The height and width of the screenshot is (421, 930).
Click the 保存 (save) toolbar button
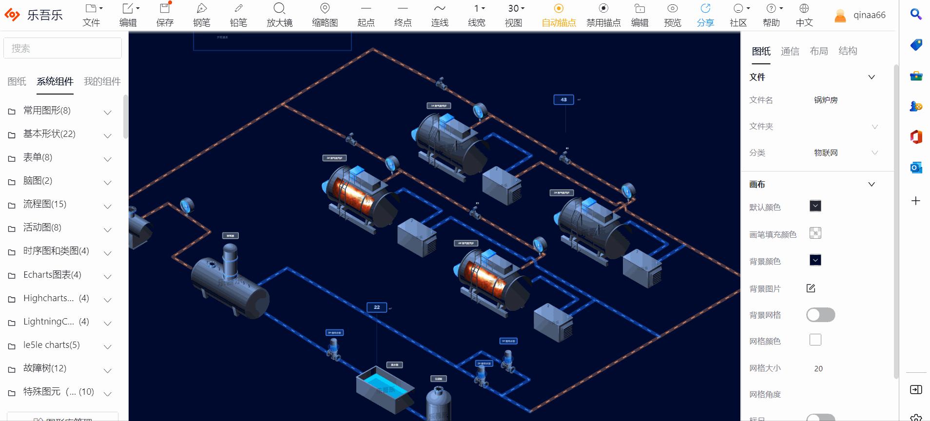click(x=165, y=15)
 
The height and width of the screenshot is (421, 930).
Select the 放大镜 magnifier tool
click(x=279, y=15)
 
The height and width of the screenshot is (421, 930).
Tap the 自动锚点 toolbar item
click(x=559, y=15)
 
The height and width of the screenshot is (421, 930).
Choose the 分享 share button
click(x=705, y=15)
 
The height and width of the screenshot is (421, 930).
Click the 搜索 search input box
click(x=62, y=48)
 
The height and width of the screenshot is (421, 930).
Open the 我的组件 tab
click(x=102, y=81)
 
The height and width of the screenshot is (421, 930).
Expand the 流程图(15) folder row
click(x=45, y=204)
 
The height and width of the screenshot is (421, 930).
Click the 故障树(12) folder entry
click(x=45, y=368)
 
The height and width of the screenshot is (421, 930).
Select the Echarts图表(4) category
click(x=52, y=275)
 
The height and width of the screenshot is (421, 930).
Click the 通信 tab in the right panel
click(x=790, y=51)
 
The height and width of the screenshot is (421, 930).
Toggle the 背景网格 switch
click(x=820, y=315)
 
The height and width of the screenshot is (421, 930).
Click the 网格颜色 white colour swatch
click(x=815, y=340)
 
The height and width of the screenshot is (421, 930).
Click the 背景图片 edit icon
click(x=811, y=288)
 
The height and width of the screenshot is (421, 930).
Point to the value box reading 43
click(x=563, y=99)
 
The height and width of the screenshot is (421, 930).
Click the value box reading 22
click(x=377, y=307)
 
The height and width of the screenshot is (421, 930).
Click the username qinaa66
click(x=869, y=15)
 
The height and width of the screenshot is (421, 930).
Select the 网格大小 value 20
click(x=818, y=368)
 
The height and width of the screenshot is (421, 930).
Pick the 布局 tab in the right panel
click(x=818, y=51)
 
